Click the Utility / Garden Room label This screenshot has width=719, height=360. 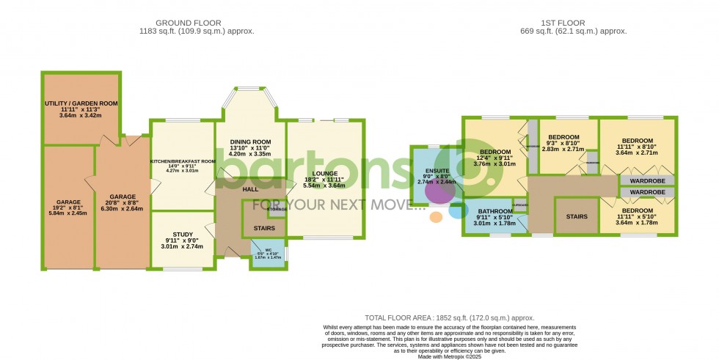pyautogui.click(x=81, y=104)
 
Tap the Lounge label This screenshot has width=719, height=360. pyautogui.click(x=324, y=174)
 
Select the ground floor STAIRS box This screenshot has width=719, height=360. pyautogui.click(x=264, y=228)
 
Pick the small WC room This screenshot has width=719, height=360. pyautogui.click(x=267, y=254)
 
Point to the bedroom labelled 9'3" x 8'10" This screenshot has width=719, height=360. pyautogui.click(x=564, y=137)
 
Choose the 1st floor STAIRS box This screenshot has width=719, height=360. pyautogui.click(x=576, y=216)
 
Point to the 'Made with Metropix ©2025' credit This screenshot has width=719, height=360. pyautogui.click(x=450, y=355)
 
